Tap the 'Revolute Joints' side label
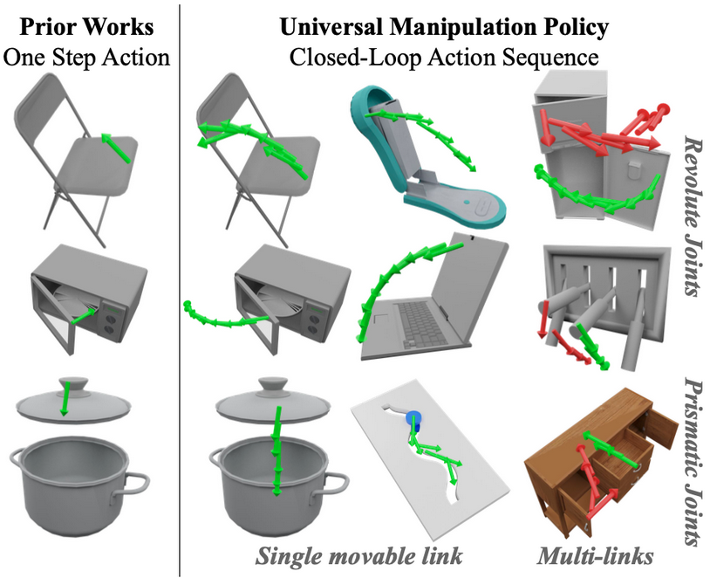pyautogui.click(x=693, y=214)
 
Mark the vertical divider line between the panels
pyautogui.click(x=179, y=288)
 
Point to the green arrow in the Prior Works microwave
pyautogui.click(x=83, y=316)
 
